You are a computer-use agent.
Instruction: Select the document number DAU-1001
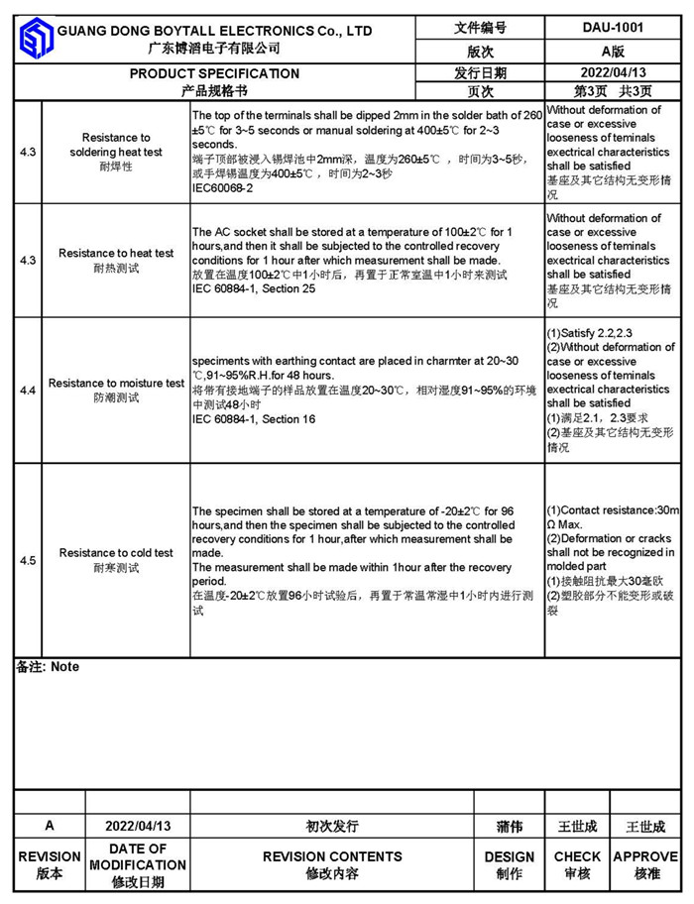point(612,29)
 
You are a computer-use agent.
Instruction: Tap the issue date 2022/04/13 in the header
point(612,72)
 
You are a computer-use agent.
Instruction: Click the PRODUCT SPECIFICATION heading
point(214,73)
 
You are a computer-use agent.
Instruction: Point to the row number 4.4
point(28,391)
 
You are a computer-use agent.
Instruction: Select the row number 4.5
point(28,560)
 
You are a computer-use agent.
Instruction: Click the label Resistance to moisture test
point(116,383)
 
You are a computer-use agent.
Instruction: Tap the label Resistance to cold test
point(116,553)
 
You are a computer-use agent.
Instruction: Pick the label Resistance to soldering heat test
point(116,145)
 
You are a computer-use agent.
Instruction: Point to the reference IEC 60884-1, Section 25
point(254,288)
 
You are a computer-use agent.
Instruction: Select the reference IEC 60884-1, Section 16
point(254,419)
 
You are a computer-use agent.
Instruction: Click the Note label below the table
point(48,667)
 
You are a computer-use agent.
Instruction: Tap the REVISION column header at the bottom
point(50,856)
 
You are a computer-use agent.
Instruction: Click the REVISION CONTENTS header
point(332,856)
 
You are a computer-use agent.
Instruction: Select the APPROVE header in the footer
point(645,856)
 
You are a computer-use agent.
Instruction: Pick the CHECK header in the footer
point(577,856)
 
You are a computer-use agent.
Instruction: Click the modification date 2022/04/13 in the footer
point(138,826)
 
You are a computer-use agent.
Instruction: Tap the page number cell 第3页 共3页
point(612,91)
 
